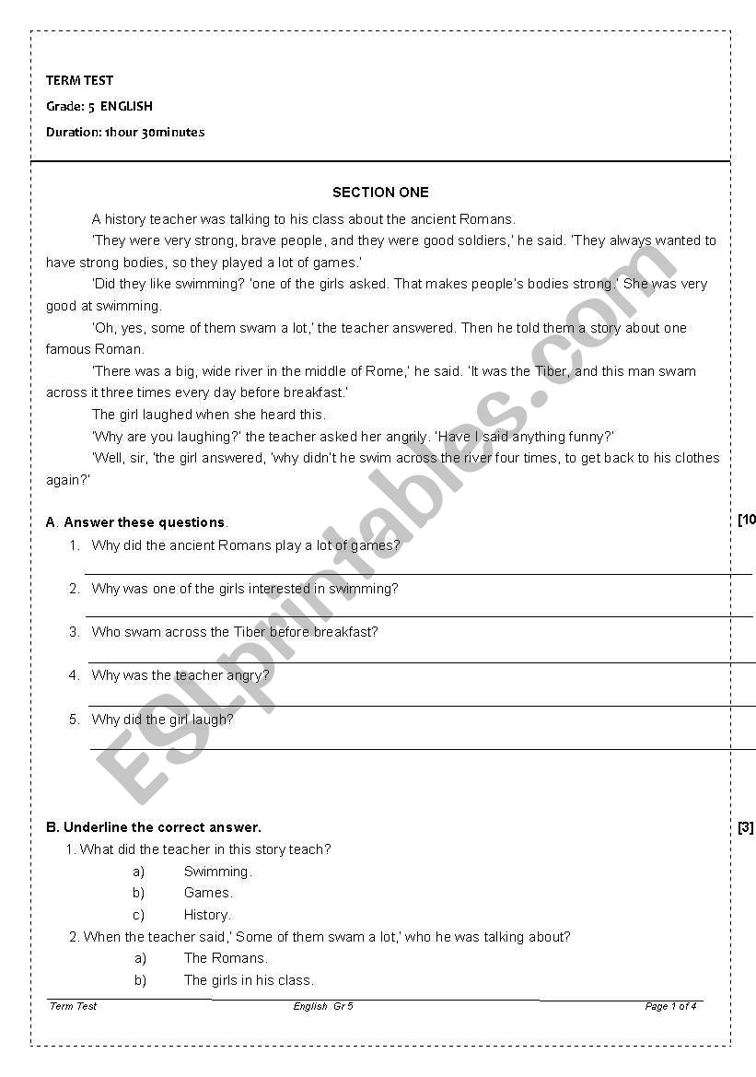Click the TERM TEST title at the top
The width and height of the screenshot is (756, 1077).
[80, 80]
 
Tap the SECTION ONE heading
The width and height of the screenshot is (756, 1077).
[380, 193]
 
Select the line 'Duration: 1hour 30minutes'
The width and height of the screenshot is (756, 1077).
[125, 132]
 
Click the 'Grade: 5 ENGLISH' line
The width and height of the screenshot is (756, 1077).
[99, 106]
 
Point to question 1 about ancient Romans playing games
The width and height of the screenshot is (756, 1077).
[246, 545]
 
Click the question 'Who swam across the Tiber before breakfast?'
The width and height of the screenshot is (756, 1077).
[235, 632]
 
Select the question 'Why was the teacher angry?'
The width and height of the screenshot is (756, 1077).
[180, 675]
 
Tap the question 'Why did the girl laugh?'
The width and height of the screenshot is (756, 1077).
[162, 720]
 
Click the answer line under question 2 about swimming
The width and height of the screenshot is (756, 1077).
[419, 615]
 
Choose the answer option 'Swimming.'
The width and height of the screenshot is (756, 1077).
[217, 872]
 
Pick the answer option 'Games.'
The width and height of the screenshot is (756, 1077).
[208, 893]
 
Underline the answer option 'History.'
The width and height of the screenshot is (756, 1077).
[207, 915]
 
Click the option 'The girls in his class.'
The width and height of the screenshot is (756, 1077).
[249, 980]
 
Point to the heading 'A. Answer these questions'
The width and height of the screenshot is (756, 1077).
[137, 522]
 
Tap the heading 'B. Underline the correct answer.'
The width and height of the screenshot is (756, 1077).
[154, 827]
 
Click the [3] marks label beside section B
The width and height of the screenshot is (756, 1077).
[745, 827]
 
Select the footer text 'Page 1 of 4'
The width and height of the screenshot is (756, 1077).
[670, 1006]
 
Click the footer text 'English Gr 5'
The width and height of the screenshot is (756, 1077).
[323, 1006]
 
